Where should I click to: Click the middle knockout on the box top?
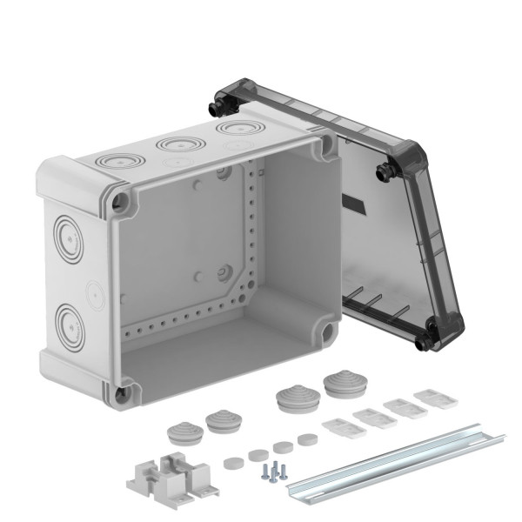(176, 145)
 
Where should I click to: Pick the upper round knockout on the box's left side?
(66, 234)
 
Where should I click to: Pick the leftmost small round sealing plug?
(231, 462)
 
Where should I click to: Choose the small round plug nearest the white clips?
(304, 439)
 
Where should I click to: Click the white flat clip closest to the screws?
(336, 428)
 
